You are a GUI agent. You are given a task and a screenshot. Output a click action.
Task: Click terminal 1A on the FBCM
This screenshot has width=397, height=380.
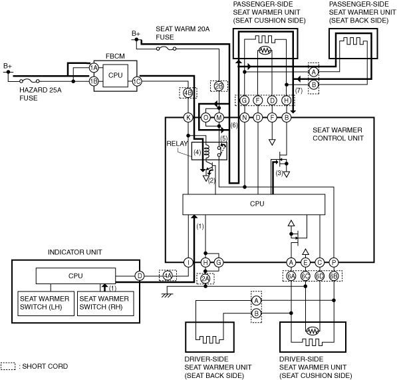tap(94, 68)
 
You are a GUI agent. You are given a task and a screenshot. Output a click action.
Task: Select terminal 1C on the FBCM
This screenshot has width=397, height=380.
tap(137, 81)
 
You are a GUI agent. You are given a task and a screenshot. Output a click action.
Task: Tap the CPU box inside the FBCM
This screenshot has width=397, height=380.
tap(115, 75)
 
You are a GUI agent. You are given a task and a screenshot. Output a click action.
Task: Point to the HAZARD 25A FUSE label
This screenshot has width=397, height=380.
tap(41, 94)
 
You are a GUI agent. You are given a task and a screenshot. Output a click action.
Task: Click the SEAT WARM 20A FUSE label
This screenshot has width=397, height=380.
tap(183, 33)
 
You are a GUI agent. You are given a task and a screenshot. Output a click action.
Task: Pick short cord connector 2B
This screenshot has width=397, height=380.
tap(219, 86)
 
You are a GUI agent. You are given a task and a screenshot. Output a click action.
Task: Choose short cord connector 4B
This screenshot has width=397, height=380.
tap(188, 93)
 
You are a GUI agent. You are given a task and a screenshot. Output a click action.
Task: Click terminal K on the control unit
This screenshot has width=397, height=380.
tap(188, 118)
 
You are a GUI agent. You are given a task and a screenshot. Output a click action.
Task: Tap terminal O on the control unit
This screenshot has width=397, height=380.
tap(206, 118)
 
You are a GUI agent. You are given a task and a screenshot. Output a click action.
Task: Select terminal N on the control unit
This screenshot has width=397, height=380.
tap(245, 118)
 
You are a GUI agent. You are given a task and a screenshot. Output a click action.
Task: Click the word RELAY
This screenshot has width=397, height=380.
tap(178, 144)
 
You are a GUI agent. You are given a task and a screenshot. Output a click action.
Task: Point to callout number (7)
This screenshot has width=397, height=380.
tap(299, 91)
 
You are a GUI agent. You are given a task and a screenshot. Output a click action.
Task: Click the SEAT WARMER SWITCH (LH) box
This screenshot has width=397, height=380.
tap(46, 303)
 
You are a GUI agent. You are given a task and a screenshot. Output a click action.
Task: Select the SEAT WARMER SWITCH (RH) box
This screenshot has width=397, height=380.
tap(105, 303)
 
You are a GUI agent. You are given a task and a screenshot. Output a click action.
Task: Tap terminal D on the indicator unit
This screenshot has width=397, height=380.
tap(140, 276)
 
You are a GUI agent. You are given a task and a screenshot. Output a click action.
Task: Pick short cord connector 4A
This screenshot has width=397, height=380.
tap(168, 276)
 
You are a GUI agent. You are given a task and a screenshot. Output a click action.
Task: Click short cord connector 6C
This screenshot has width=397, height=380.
tap(305, 276)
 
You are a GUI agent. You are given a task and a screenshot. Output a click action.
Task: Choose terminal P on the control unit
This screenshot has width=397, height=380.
tap(334, 263)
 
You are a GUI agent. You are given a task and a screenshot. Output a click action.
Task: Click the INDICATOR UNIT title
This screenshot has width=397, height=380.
tap(75, 252)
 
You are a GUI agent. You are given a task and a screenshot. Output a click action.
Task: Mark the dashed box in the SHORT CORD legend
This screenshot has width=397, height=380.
tap(8, 366)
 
